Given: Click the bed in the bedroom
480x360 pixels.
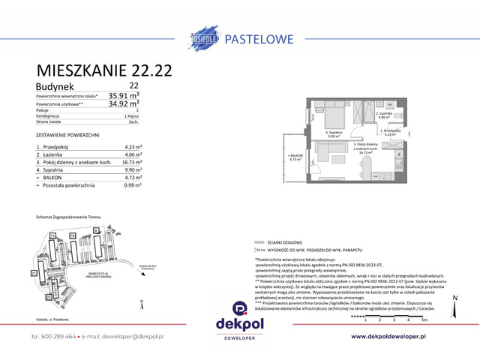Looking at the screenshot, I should point(330,117).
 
